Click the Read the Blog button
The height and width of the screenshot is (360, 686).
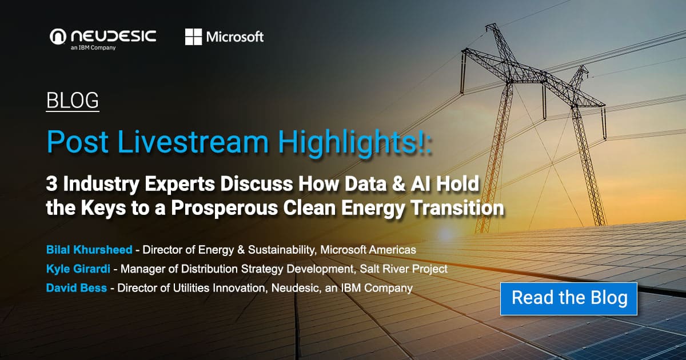(x=569, y=299)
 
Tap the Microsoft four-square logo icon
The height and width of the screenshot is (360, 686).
(x=194, y=37)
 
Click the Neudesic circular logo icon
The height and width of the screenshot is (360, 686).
(x=58, y=37)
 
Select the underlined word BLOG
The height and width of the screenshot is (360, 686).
(x=73, y=101)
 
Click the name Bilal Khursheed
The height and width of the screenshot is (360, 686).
(x=89, y=250)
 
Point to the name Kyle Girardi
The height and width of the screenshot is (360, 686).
(x=78, y=269)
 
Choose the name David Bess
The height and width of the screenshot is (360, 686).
(x=76, y=288)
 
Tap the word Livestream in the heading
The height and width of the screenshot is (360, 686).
(x=193, y=142)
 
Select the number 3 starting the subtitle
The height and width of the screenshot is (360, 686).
(x=51, y=183)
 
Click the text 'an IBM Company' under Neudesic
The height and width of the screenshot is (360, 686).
(x=93, y=48)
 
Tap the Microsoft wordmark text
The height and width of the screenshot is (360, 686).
(x=235, y=37)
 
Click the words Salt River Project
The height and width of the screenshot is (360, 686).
(x=404, y=269)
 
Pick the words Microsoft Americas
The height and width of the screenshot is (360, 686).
(x=368, y=250)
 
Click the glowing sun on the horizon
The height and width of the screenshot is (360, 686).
(x=445, y=234)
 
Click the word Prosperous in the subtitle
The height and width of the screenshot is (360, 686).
(x=224, y=209)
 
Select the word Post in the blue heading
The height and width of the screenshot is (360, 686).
(x=77, y=142)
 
